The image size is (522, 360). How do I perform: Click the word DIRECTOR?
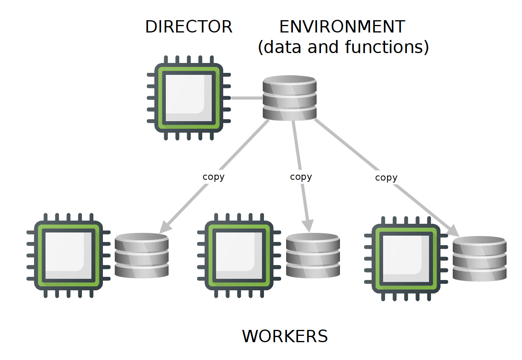(189, 27)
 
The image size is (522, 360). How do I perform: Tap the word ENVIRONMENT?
(342, 27)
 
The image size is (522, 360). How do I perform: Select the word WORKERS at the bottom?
(285, 336)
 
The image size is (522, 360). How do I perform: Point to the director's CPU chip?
(189, 97)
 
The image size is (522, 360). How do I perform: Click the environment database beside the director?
(290, 98)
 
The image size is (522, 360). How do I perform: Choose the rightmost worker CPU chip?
(406, 259)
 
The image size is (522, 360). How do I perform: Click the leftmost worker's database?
(142, 255)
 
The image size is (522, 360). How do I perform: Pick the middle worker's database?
(313, 255)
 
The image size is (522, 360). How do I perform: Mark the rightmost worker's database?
(480, 259)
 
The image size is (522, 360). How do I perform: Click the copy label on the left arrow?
(213, 177)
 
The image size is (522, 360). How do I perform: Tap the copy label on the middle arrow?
(301, 177)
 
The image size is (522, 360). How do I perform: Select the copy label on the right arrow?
(386, 178)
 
